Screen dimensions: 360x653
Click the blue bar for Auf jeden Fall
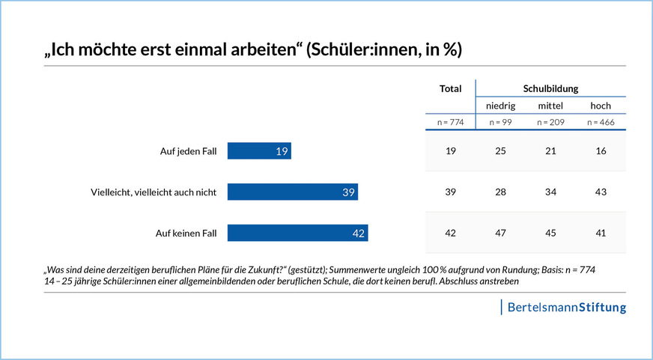pyautogui.click(x=259, y=151)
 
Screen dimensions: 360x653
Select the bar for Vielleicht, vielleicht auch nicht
pyautogui.click(x=293, y=192)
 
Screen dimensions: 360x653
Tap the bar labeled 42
pyautogui.click(x=298, y=234)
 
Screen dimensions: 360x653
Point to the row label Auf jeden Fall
pyautogui.click(x=188, y=151)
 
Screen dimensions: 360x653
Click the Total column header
pyautogui.click(x=450, y=88)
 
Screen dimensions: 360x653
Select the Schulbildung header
pyautogui.click(x=550, y=88)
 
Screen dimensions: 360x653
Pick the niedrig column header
pyautogui.click(x=500, y=106)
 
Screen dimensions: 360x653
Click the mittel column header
pyautogui.click(x=550, y=106)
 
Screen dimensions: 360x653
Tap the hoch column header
pyautogui.click(x=601, y=106)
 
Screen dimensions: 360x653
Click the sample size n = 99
pyautogui.click(x=500, y=121)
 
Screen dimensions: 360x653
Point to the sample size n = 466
pyautogui.click(x=601, y=121)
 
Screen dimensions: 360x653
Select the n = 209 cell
pyautogui.click(x=550, y=121)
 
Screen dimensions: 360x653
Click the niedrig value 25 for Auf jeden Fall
pyautogui.click(x=500, y=151)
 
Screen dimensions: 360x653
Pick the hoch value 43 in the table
pyautogui.click(x=601, y=192)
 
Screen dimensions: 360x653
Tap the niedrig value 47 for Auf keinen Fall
pyautogui.click(x=500, y=234)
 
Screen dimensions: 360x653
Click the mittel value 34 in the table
pyautogui.click(x=550, y=192)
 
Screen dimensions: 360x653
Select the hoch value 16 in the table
pyautogui.click(x=601, y=151)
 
